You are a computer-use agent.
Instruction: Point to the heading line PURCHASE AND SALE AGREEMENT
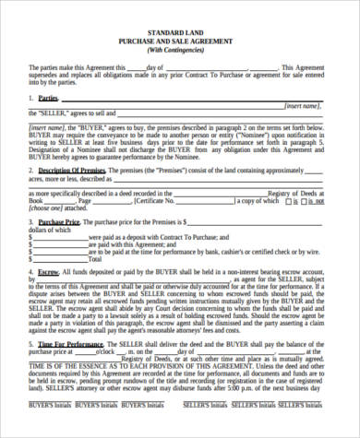pos(180,41)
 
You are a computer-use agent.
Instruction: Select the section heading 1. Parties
pos(44,98)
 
